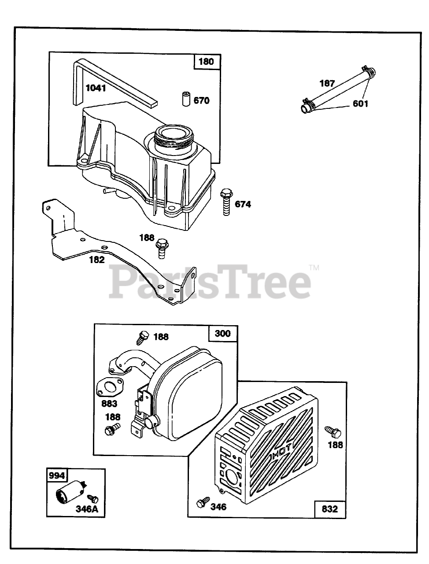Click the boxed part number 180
(x=206, y=61)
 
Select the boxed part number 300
(x=222, y=333)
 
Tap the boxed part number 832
(x=329, y=509)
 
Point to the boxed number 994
(x=56, y=476)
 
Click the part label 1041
(x=96, y=88)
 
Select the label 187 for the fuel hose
(x=327, y=83)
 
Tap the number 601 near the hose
(x=360, y=104)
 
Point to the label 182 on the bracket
(x=97, y=260)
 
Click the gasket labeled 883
(x=108, y=386)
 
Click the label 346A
(x=87, y=510)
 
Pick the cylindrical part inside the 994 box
(x=66, y=494)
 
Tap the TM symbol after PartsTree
(x=314, y=267)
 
